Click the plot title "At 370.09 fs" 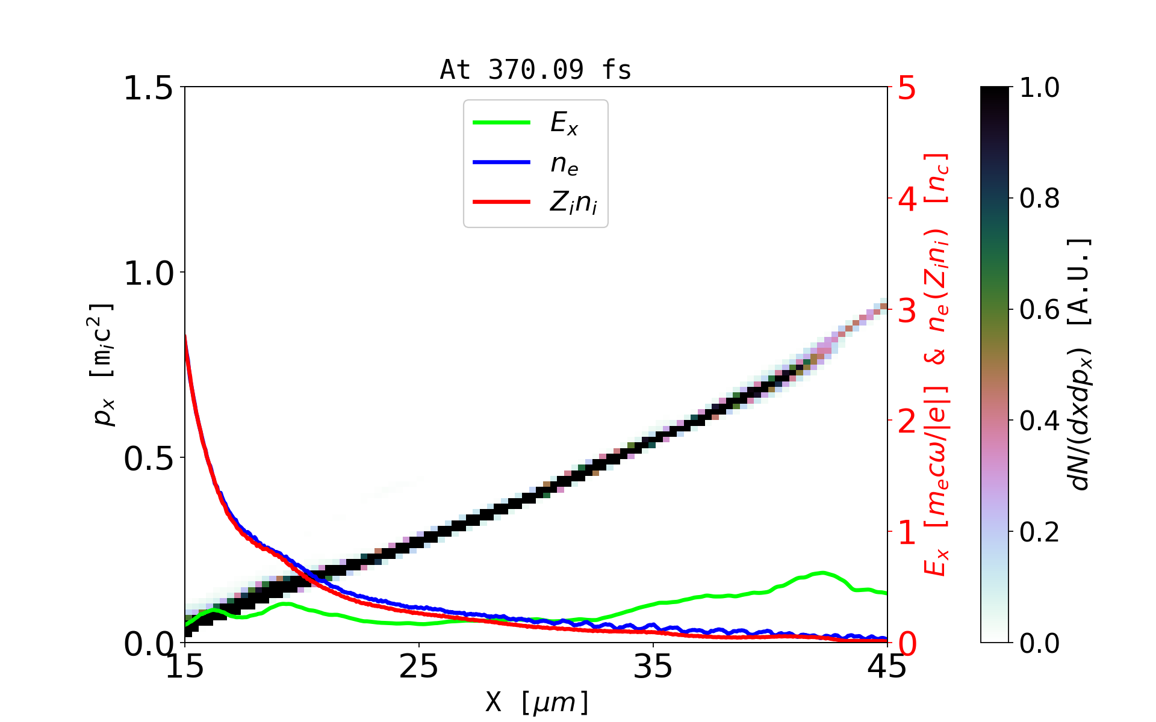[535, 70]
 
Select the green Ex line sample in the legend [502, 123]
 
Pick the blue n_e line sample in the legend [502, 162]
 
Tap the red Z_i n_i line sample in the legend [502, 202]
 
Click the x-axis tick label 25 [419, 667]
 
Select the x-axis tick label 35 [653, 667]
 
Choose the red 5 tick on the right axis [907, 88]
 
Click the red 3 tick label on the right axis [907, 310]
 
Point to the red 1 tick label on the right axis [907, 532]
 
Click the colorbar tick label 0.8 [1039, 199]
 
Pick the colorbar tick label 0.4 [1039, 421]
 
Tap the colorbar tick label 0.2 [1039, 532]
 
